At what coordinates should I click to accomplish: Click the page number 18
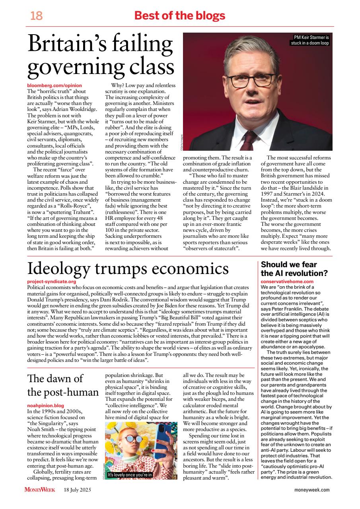coord(36,16)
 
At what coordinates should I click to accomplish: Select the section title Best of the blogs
coord(180,16)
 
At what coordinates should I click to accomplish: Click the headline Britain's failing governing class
coord(101,56)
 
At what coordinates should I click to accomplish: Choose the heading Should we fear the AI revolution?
coord(294,269)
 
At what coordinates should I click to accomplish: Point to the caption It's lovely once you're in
coord(130,475)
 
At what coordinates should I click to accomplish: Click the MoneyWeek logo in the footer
coord(40,490)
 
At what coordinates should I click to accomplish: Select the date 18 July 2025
coord(78,490)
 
